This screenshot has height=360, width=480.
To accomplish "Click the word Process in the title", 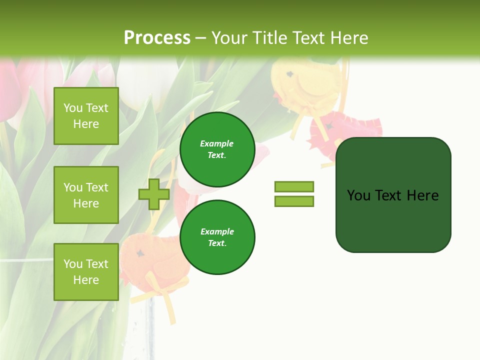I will (157, 38).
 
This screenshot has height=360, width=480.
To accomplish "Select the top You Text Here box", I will (86, 116).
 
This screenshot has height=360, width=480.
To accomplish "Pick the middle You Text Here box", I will (86, 195).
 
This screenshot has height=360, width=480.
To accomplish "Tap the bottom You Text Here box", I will (86, 272).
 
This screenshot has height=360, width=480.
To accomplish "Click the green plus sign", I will (154, 194).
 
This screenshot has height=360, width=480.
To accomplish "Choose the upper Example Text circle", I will (217, 149).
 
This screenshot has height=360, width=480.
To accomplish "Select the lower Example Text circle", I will (217, 237).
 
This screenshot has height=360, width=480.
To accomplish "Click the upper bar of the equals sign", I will (294, 186).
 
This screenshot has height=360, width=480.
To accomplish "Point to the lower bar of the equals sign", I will (294, 201).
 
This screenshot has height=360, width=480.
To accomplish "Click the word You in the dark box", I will (358, 195).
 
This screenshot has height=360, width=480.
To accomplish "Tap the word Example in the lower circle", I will (217, 231).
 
